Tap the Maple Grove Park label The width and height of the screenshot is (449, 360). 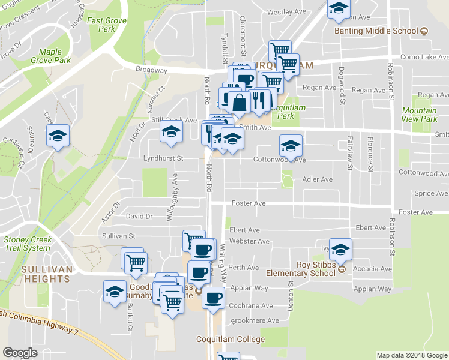[x=55, y=56]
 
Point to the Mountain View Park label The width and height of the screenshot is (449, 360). [x=420, y=115]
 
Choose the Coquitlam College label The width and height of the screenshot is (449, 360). [x=231, y=340]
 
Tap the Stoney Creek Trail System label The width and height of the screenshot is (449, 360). [x=28, y=244]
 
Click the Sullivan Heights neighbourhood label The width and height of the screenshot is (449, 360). [x=46, y=274]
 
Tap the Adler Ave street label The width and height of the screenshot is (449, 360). [x=318, y=179]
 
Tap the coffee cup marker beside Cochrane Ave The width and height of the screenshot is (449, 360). [x=213, y=297]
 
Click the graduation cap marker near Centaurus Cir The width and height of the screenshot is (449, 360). [x=58, y=136]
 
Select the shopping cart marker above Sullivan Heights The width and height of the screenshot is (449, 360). [x=136, y=262]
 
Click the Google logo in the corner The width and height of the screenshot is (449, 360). [x=20, y=353]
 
